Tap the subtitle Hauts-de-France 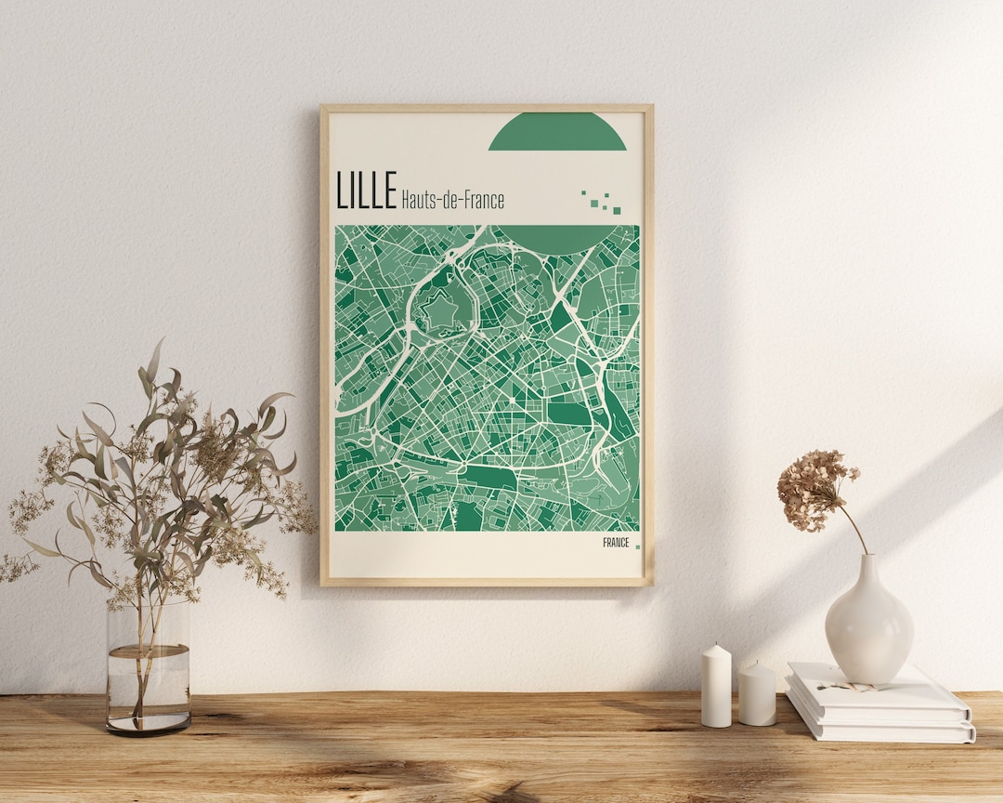coord(452,199)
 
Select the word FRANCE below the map coord(615,543)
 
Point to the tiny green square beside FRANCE coord(637,546)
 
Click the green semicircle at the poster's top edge coord(557,133)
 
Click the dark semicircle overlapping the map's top coord(557,238)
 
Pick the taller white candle coord(716,688)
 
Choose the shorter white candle coord(757,695)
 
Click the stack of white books coord(879,706)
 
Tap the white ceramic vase coord(868,623)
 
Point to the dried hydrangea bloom coord(814,487)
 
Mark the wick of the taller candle coord(716,644)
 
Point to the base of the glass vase coord(148,725)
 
